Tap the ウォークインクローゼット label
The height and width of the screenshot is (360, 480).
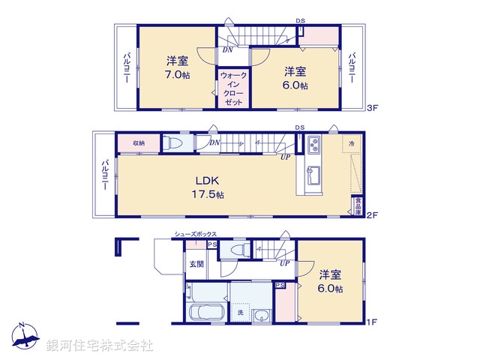click(232, 88)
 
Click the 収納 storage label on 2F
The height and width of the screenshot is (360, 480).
click(139, 143)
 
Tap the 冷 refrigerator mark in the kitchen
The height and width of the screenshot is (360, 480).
click(351, 142)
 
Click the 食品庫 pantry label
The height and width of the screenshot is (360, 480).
click(358, 207)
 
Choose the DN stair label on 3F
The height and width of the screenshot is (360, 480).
click(227, 50)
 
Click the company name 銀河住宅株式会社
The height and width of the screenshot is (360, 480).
click(100, 346)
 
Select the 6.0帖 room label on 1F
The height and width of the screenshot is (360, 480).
click(330, 281)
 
